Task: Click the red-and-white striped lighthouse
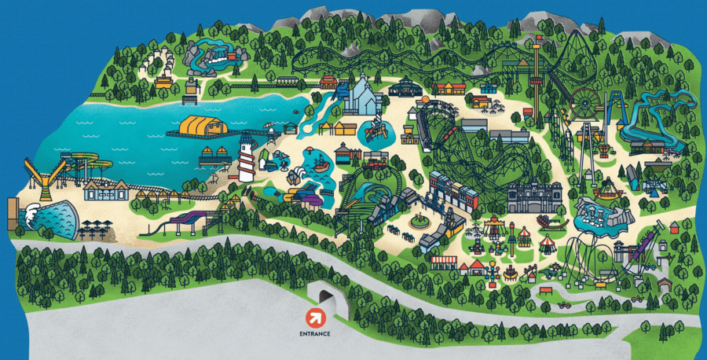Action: point(247,157)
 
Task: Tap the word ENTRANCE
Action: point(314,333)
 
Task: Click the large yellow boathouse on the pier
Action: point(203,126)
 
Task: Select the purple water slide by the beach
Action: point(184,221)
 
